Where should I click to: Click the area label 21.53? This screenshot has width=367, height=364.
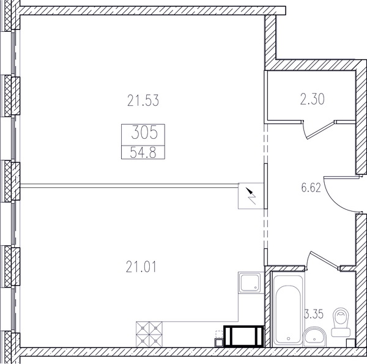click(143, 100)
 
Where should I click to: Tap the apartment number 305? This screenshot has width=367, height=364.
click(144, 132)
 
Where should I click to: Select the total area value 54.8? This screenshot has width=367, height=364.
click(143, 153)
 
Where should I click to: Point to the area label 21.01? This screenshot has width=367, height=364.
click(141, 267)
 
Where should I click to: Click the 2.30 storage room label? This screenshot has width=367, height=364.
click(312, 98)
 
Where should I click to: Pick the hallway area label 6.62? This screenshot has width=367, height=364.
click(311, 187)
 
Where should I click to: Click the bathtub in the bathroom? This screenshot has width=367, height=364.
click(288, 310)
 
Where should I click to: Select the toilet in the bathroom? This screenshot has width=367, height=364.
click(341, 322)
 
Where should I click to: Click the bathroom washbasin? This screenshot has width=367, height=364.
click(314, 337)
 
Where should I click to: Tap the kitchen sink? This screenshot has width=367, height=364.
click(250, 283)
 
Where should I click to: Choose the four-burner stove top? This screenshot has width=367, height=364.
click(149, 334)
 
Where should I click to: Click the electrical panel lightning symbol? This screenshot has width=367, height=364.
click(251, 196)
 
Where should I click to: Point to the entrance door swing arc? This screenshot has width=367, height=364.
click(337, 200)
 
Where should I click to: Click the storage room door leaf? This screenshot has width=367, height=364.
click(320, 129)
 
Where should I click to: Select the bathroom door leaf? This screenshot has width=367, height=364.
click(324, 259)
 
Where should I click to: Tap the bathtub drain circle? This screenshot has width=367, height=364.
click(288, 338)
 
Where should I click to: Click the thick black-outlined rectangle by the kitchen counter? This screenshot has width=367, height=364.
click(243, 336)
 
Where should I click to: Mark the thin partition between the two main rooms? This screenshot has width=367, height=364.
click(129, 186)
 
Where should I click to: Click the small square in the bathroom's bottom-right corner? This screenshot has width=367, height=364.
click(350, 343)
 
